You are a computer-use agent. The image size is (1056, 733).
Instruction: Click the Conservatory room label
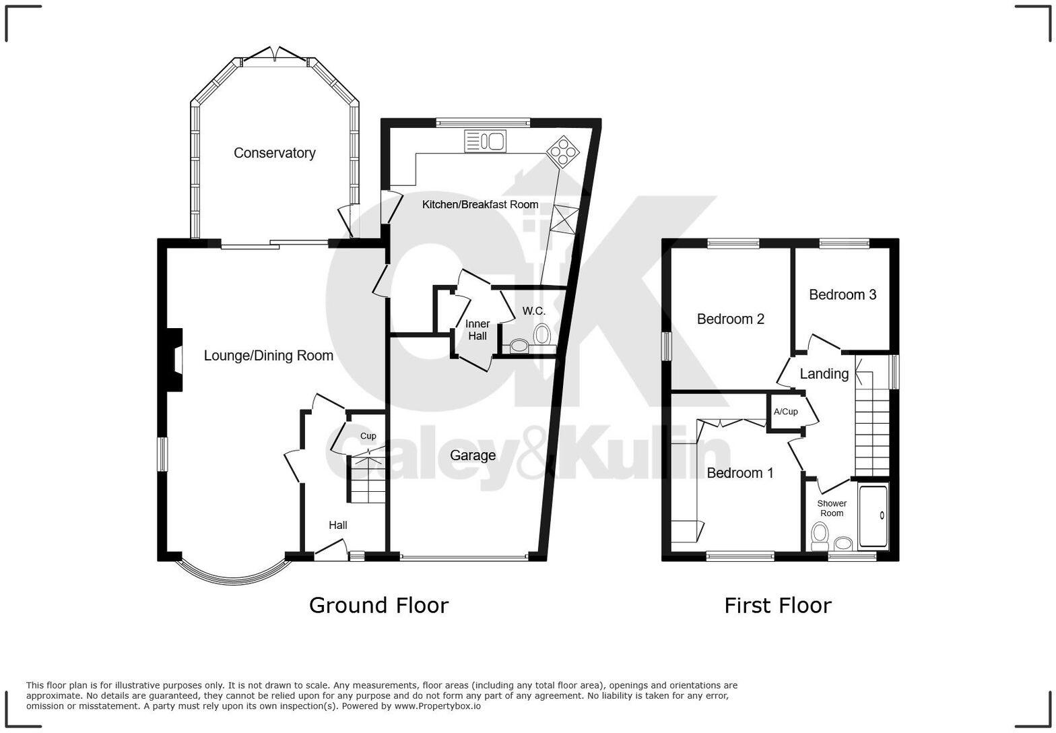point(274,153)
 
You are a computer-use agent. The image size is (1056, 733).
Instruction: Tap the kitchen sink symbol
point(485,141)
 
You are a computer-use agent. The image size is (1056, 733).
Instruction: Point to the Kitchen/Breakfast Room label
point(480,204)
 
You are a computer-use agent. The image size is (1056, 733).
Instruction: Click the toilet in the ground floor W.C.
point(542,334)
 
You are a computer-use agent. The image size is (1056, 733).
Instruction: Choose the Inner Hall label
point(477,329)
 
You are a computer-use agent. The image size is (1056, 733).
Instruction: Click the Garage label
point(473,455)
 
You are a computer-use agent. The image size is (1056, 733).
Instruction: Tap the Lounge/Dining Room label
point(268,356)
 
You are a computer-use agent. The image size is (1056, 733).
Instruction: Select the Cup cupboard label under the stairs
point(368,436)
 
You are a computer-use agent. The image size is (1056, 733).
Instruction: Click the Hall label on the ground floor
point(338,525)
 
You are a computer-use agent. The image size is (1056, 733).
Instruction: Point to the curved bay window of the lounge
point(232,573)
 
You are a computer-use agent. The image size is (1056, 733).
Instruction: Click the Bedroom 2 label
point(730,319)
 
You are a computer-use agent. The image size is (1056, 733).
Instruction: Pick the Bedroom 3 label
point(843,294)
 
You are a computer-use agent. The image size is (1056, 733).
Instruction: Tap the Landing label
point(824,374)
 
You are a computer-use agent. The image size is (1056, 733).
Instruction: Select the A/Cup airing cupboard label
point(785,412)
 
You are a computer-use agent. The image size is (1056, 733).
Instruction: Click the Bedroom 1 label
point(740,473)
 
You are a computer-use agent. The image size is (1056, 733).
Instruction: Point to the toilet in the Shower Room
point(820,535)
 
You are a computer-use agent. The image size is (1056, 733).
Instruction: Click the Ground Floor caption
point(378,605)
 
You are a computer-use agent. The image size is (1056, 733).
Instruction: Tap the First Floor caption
point(777,605)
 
